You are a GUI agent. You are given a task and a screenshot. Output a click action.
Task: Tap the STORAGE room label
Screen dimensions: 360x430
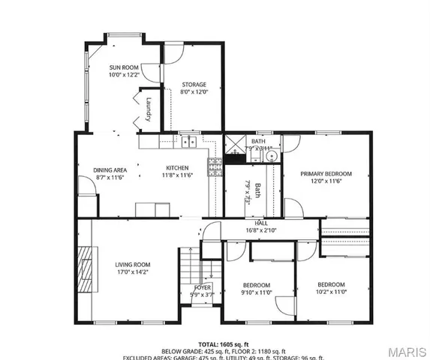pyautogui.click(x=194, y=85)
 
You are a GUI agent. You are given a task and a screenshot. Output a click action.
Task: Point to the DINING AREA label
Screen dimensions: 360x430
pyautogui.click(x=110, y=169)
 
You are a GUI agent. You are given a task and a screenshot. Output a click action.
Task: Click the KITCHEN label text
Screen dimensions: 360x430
pyautogui.click(x=177, y=167)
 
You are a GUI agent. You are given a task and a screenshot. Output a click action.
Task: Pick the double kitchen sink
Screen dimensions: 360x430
pyautogui.click(x=188, y=140)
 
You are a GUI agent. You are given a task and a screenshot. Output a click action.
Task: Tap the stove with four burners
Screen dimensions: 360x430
pyautogui.click(x=215, y=166)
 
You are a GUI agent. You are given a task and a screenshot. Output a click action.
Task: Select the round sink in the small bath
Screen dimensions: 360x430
pyautogui.click(x=272, y=157)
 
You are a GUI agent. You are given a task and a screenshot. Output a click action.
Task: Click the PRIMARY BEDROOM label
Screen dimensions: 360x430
pyautogui.click(x=326, y=173)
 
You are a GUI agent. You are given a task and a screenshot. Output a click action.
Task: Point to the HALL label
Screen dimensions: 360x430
pyautogui.click(x=261, y=223)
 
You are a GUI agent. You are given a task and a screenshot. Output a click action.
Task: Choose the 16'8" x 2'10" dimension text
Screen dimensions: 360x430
pyautogui.click(x=261, y=230)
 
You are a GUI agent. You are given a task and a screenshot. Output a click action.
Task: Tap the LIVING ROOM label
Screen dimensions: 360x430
pyautogui.click(x=133, y=265)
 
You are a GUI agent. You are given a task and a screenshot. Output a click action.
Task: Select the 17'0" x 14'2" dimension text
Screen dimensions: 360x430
pyautogui.click(x=133, y=273)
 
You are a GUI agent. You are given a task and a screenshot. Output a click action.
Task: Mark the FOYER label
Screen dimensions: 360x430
pyautogui.click(x=203, y=287)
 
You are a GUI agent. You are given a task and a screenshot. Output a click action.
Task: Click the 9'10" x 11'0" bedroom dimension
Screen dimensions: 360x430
pyautogui.click(x=256, y=293)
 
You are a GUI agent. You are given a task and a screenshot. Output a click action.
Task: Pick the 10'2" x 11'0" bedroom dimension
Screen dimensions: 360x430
pyautogui.click(x=330, y=292)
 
